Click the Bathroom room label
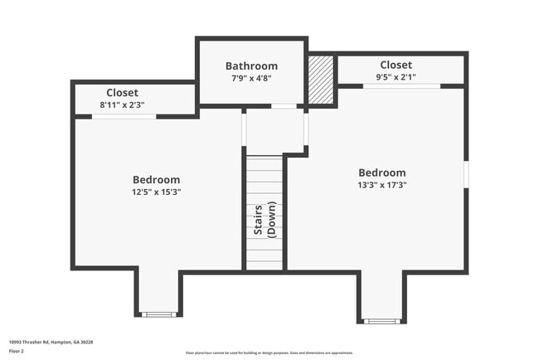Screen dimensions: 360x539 [251, 66]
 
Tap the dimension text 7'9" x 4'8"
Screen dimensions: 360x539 [251, 78]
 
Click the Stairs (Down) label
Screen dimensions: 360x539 [265, 220]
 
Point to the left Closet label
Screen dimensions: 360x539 [122, 93]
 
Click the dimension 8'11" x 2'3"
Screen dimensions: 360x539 [122, 105]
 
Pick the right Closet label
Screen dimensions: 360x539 [396, 66]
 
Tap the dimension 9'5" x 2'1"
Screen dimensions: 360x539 [396, 77]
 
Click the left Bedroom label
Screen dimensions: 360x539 [156, 180]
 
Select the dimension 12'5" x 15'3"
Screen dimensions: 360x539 [156, 192]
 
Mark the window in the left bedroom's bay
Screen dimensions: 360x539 [158, 314]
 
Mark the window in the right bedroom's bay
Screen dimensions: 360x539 [381, 321]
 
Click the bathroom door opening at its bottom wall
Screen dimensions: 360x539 [284, 106]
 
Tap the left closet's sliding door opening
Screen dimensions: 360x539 [124, 117]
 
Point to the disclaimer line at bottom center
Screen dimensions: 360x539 [269, 353]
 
